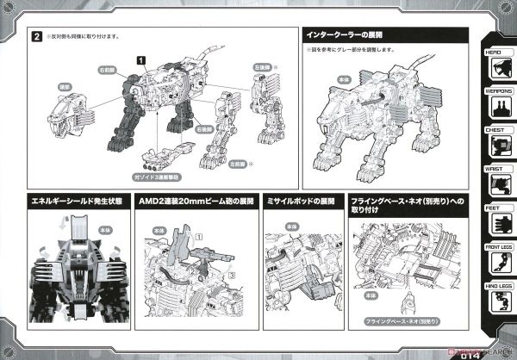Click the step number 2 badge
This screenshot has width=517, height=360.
point(38,38)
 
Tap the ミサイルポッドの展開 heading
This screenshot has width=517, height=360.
point(302,202)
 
